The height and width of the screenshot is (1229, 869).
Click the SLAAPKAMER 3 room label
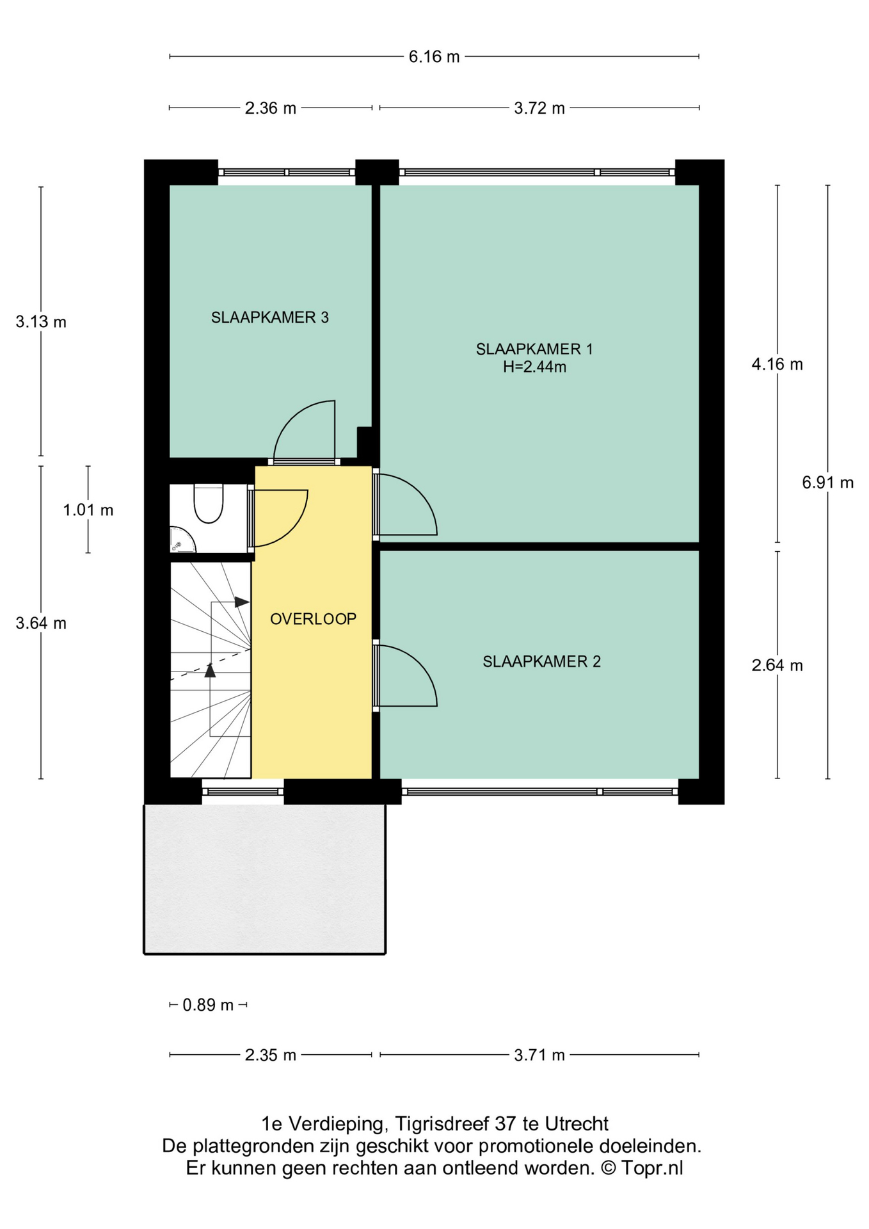270,317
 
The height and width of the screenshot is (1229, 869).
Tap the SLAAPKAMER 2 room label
542,662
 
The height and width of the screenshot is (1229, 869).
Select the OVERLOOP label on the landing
313,619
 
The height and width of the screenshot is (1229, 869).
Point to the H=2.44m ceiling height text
534,367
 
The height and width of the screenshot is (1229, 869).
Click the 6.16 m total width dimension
434,56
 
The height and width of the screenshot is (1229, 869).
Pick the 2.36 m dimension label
271,108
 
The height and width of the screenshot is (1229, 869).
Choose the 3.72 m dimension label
539,108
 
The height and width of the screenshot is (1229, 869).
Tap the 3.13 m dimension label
41,321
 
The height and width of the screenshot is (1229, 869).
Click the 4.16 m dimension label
777,364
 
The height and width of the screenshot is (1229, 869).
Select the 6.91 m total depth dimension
828,483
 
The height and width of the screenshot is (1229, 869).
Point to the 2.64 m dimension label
777,666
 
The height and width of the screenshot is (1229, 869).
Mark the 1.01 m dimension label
88,510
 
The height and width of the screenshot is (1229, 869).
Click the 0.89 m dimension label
208,1005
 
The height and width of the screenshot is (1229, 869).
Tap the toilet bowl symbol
209,504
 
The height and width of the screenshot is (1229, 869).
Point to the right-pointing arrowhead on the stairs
242,602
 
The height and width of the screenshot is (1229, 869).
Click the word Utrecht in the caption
576,1123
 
